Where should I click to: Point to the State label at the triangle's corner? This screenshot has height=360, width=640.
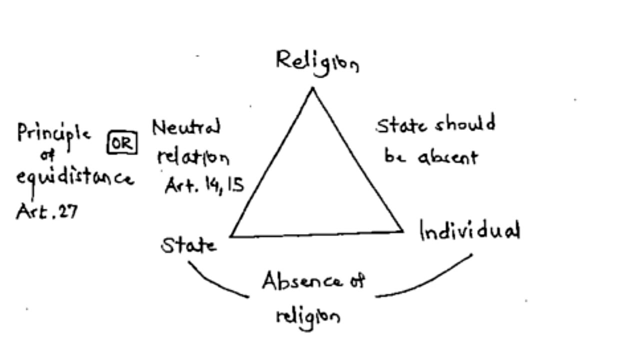(188, 245)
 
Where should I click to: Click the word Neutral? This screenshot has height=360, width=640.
(186, 128)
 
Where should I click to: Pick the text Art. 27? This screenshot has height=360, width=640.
(47, 211)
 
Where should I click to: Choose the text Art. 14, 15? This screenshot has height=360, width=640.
(204, 186)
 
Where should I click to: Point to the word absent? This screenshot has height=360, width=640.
(447, 157)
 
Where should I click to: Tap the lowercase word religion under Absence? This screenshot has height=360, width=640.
(308, 316)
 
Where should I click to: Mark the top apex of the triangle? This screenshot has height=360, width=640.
(313, 88)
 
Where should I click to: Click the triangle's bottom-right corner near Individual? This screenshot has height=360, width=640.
(402, 230)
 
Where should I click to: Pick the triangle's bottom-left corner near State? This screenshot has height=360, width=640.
(231, 236)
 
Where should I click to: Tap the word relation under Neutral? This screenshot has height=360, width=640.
(193, 157)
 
